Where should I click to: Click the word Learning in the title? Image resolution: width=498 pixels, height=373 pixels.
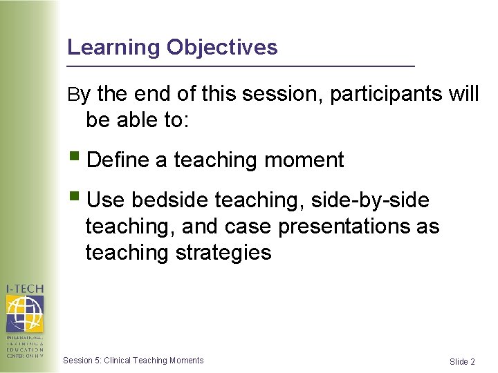pyautogui.click(x=114, y=48)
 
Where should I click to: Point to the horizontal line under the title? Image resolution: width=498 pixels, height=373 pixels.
pyautogui.click(x=240, y=66)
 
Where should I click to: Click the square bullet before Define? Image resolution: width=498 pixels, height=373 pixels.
pyautogui.click(x=75, y=159)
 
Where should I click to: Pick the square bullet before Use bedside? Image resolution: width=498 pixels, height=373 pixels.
pyautogui.click(x=75, y=199)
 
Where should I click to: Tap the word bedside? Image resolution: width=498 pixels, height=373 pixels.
pyautogui.click(x=170, y=200)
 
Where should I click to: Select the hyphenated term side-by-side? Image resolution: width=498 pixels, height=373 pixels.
pyautogui.click(x=371, y=200)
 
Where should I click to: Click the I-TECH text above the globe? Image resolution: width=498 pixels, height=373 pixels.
pyautogui.click(x=24, y=289)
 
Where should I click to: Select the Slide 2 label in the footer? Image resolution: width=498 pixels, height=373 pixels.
pyautogui.click(x=462, y=362)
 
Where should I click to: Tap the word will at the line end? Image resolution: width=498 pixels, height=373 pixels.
pyautogui.click(x=463, y=94)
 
